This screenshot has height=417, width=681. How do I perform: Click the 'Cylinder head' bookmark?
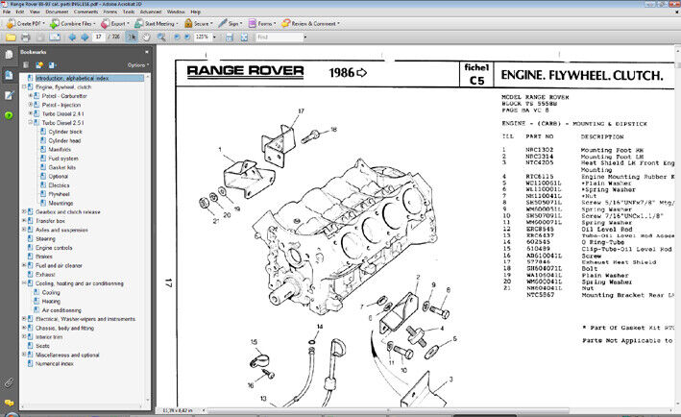pyautogui.click(x=66, y=140)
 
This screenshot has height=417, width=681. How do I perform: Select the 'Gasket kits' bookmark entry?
pyautogui.click(x=62, y=166)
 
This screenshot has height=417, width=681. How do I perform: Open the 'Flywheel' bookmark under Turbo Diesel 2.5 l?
pyautogui.click(x=60, y=193)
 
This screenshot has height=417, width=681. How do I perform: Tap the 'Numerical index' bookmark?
pyautogui.click(x=55, y=364)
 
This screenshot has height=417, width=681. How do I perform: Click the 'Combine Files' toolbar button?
pyautogui.click(x=73, y=23)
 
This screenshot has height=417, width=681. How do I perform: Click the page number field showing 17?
pyautogui.click(x=99, y=37)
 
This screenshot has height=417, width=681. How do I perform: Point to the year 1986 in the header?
pyautogui.click(x=341, y=72)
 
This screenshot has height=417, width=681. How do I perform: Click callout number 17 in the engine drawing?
pyautogui.click(x=301, y=110)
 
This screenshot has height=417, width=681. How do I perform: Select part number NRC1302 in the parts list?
pyautogui.click(x=539, y=151)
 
